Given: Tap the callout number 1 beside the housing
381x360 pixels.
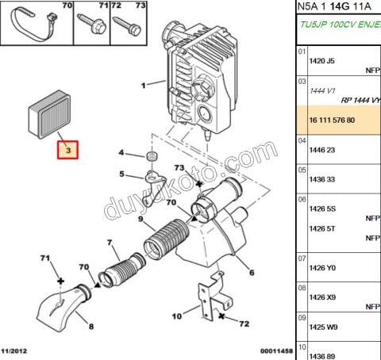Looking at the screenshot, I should [143, 85].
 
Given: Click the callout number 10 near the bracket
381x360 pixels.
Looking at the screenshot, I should [177, 316].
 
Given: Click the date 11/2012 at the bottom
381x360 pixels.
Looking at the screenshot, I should [15, 350].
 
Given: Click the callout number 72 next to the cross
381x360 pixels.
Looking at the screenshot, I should [244, 324].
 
